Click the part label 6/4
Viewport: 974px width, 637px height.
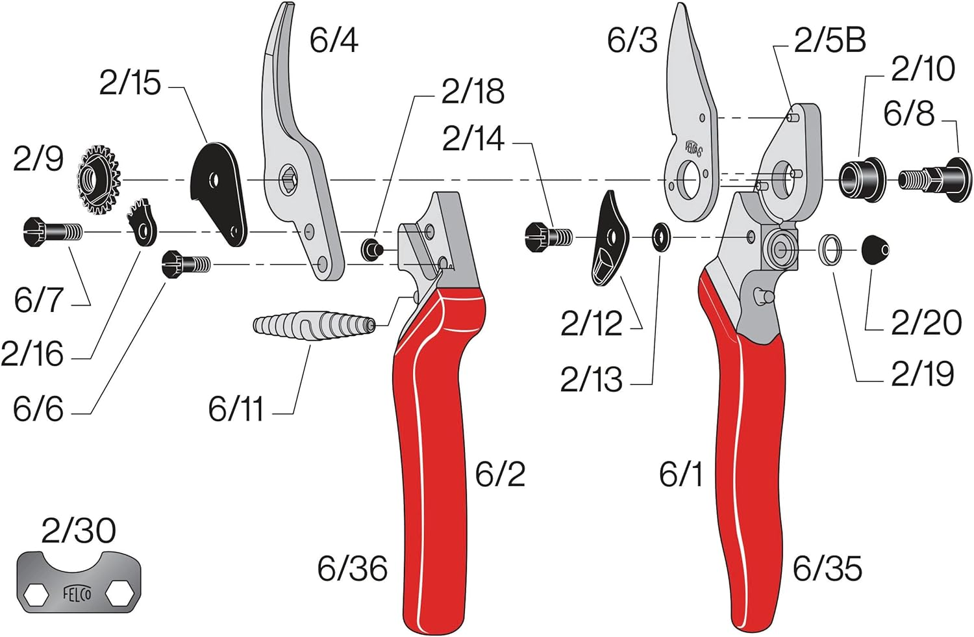(x=334, y=40)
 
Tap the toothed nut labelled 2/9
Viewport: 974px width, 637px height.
(x=99, y=180)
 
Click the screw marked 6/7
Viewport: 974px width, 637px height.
(x=52, y=231)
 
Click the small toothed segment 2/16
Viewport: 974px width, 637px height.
(x=144, y=223)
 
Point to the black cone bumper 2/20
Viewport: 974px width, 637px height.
(x=875, y=250)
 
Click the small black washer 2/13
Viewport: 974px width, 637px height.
(x=662, y=237)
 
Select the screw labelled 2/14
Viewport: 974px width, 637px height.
(x=548, y=236)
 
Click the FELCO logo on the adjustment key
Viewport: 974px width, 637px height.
(x=77, y=593)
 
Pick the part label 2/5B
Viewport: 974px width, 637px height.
(x=830, y=40)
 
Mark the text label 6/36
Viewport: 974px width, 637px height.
(x=352, y=569)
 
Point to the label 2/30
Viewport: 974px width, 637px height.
(x=79, y=531)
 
